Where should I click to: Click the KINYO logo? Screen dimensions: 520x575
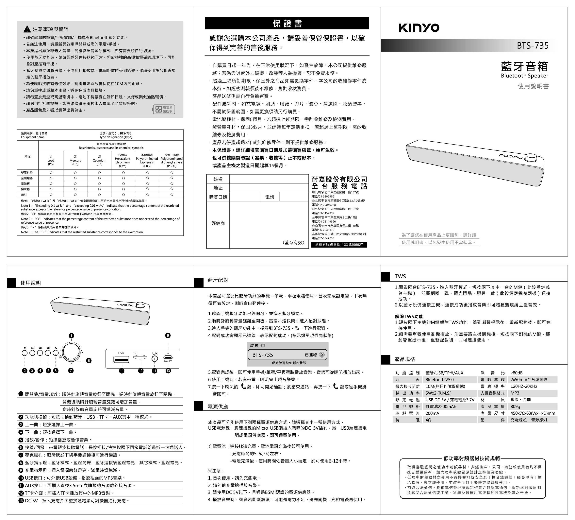419,28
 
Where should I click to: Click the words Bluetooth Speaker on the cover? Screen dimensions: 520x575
524,76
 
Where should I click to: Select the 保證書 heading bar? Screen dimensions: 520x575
287,23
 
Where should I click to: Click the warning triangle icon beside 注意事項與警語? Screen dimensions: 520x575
27,29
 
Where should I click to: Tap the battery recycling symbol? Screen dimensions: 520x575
164,109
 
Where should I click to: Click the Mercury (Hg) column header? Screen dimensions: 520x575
75,160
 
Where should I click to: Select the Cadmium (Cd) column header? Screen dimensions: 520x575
99,160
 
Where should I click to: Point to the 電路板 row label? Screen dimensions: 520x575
25,183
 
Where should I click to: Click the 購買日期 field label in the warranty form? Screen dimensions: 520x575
218,197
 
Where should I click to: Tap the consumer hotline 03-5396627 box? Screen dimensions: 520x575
339,245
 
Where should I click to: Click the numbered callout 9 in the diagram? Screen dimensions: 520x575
168,335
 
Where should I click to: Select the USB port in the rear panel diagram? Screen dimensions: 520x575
121,359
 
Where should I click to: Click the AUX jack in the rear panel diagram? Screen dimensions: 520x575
154,359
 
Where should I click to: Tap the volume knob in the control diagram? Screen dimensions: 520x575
71,352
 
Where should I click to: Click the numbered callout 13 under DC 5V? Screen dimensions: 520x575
168,371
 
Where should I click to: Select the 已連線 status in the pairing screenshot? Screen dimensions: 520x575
311,355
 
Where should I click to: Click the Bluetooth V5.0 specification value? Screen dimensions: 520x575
439,380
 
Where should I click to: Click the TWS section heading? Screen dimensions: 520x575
400,276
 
